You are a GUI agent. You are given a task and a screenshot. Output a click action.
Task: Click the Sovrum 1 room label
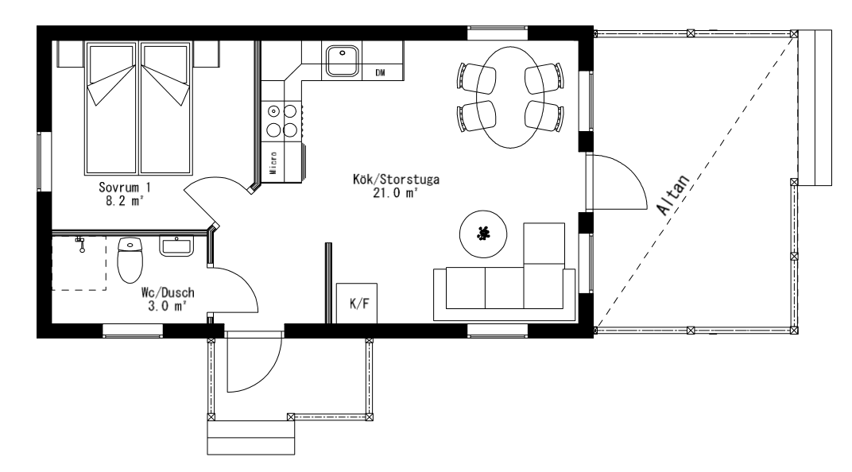point(125,188)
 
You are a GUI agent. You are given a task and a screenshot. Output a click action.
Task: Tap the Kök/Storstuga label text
point(396,180)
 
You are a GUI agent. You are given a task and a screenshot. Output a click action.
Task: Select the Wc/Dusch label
point(168,292)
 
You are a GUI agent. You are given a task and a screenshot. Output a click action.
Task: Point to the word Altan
point(674,195)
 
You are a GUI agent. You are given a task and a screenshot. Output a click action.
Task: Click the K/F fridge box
point(356,303)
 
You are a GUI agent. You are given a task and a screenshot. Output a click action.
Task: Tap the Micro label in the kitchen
point(273,162)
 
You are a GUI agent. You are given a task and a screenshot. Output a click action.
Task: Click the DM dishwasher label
point(381,72)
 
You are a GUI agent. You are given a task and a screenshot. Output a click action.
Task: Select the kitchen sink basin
point(343,60)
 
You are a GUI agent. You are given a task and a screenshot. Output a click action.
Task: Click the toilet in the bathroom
point(130,260)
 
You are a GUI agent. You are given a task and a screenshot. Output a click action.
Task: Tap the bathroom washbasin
point(176,246)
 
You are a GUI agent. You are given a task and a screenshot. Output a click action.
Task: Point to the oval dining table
point(510,97)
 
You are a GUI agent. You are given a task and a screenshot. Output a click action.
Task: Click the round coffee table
point(483,234)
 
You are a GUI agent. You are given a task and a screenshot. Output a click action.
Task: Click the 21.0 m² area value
point(395,193)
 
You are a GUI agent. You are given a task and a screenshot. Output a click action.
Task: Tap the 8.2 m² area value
point(125,201)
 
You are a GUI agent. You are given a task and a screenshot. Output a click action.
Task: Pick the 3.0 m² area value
point(168,307)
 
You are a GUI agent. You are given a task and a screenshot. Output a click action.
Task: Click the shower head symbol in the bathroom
point(81,244)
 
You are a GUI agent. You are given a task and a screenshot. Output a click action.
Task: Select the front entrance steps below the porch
point(251,437)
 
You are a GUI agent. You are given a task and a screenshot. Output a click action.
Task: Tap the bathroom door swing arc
point(245,281)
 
